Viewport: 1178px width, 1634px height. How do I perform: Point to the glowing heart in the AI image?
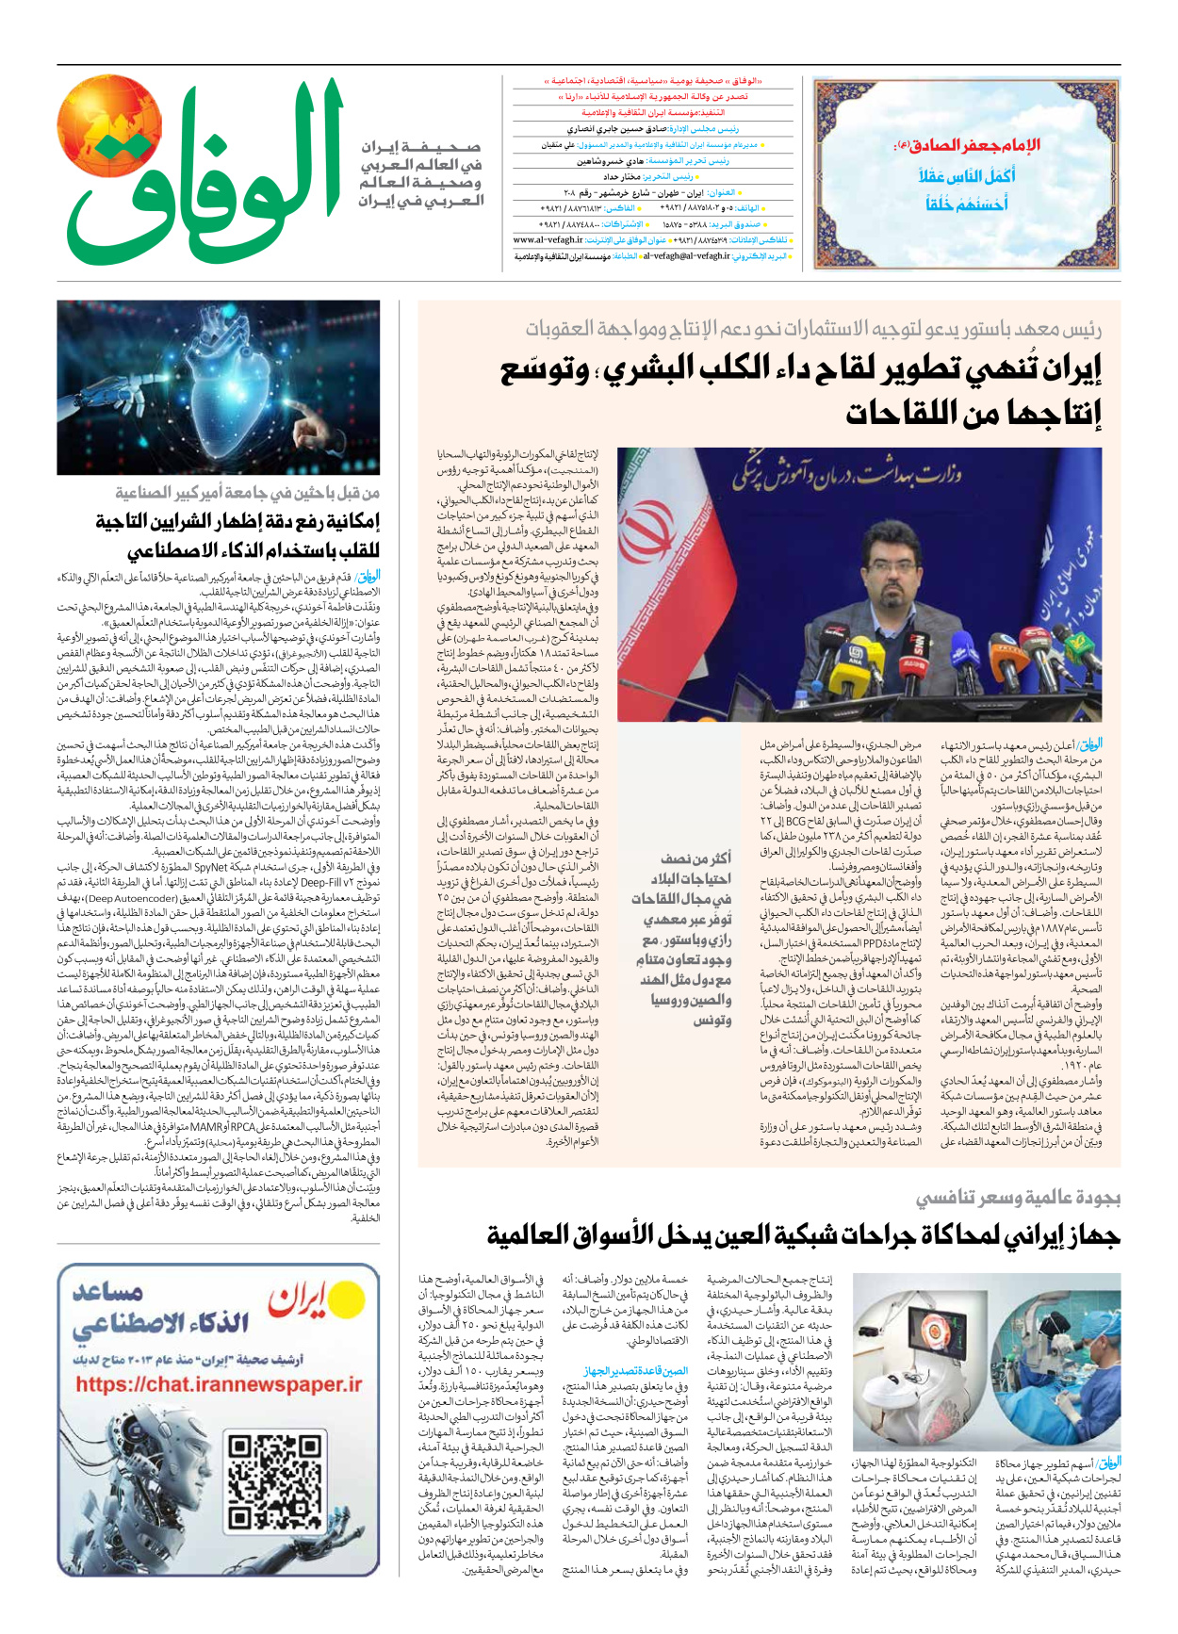click(x=224, y=387)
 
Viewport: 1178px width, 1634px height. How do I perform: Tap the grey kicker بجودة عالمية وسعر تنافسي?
click(x=1018, y=1199)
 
